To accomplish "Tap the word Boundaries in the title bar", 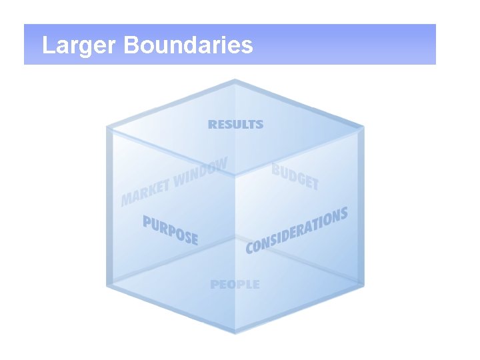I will pyautogui.click(x=188, y=45).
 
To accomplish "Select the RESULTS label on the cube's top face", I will pyautogui.click(x=236, y=124).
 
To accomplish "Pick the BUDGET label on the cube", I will pyautogui.click(x=295, y=176).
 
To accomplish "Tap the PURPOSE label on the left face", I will pyautogui.click(x=171, y=229).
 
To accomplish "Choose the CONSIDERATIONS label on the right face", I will pyautogui.click(x=297, y=230).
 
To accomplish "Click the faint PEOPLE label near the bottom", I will pyautogui.click(x=235, y=285).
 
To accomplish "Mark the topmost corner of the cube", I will pyautogui.click(x=235, y=81).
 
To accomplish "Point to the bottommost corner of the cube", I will pyautogui.click(x=235, y=331).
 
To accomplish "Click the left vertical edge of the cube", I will pyautogui.click(x=109, y=207).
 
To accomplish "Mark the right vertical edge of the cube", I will pyautogui.click(x=363, y=207).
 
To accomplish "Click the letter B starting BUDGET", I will pyautogui.click(x=276, y=169).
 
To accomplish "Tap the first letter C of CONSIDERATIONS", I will pyautogui.click(x=251, y=247).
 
